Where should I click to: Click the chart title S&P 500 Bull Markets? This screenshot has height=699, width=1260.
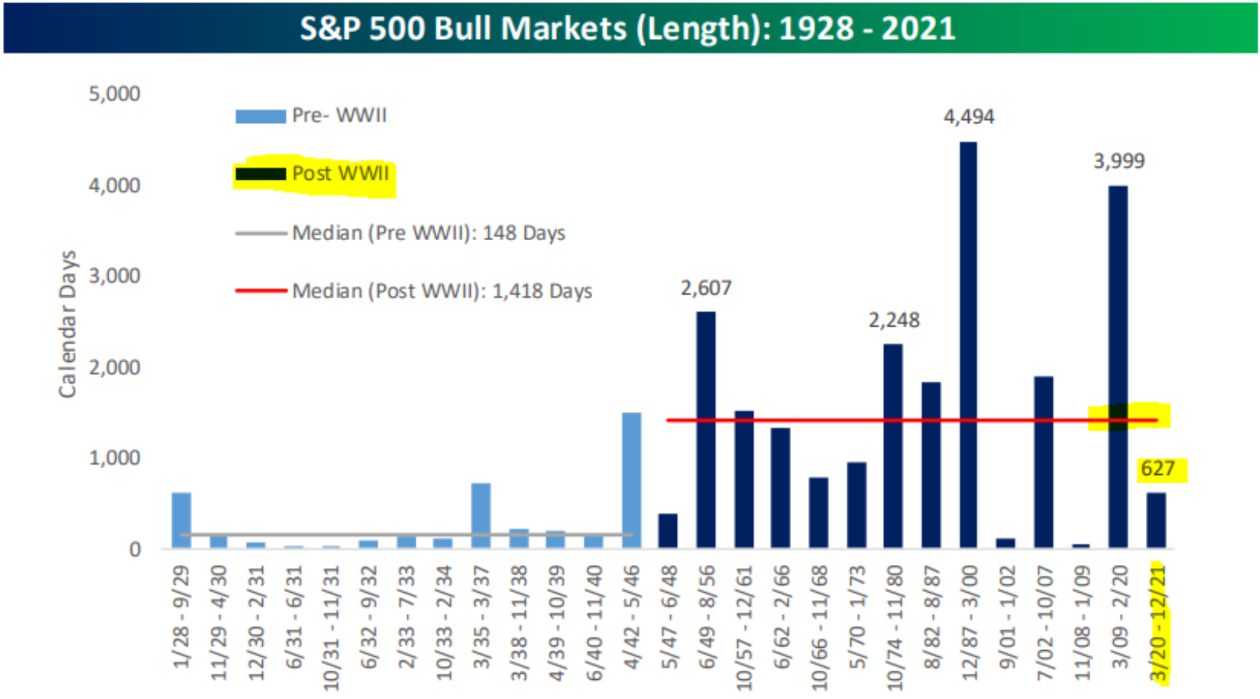pyautogui.click(x=627, y=28)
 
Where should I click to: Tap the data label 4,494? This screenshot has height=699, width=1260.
pyautogui.click(x=968, y=117)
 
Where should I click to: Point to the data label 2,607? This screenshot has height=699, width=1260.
pyautogui.click(x=706, y=288)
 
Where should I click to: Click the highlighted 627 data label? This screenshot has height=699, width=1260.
pyautogui.click(x=1158, y=469)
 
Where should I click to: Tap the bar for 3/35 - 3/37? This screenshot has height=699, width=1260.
pyautogui.click(x=481, y=515)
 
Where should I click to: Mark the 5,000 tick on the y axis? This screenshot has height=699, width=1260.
pyautogui.click(x=114, y=94)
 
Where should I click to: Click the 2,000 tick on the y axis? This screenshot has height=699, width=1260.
pyautogui.click(x=114, y=367)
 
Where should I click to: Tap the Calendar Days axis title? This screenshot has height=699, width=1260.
pyautogui.click(x=67, y=324)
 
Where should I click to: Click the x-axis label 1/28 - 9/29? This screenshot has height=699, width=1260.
pyautogui.click(x=181, y=617)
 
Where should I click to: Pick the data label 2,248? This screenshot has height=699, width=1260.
pyautogui.click(x=893, y=320)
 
